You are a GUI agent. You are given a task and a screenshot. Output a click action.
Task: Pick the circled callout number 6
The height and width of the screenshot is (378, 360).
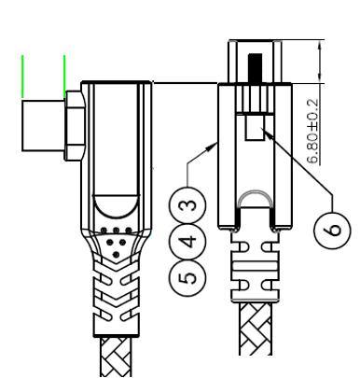(330, 227)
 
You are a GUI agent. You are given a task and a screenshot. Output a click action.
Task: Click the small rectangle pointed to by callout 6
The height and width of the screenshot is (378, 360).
(254, 129)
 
